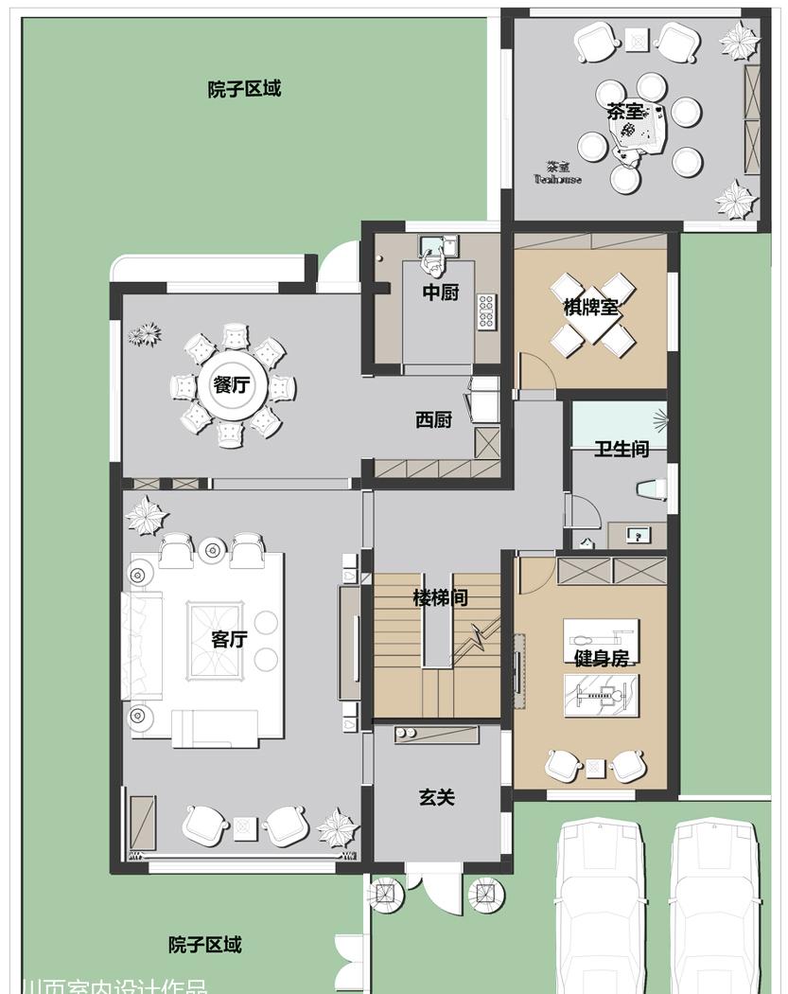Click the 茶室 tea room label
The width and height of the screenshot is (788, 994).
click(x=624, y=112)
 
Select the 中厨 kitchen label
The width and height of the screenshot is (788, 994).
click(x=440, y=293)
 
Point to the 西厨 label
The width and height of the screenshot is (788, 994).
click(x=433, y=420)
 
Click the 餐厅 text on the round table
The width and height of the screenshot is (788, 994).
click(x=232, y=385)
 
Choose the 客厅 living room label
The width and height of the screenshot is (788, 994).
click(x=229, y=639)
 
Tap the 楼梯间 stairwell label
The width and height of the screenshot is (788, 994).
click(x=440, y=598)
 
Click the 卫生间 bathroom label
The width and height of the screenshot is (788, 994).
click(x=622, y=450)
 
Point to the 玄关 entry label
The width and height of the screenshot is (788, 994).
click(x=437, y=797)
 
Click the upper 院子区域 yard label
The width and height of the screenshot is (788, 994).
click(x=244, y=90)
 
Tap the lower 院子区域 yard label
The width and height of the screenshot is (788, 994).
click(x=205, y=945)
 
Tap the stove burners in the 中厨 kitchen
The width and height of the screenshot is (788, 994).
click(x=487, y=312)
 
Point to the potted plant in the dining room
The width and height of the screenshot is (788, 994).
click(x=144, y=334)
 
